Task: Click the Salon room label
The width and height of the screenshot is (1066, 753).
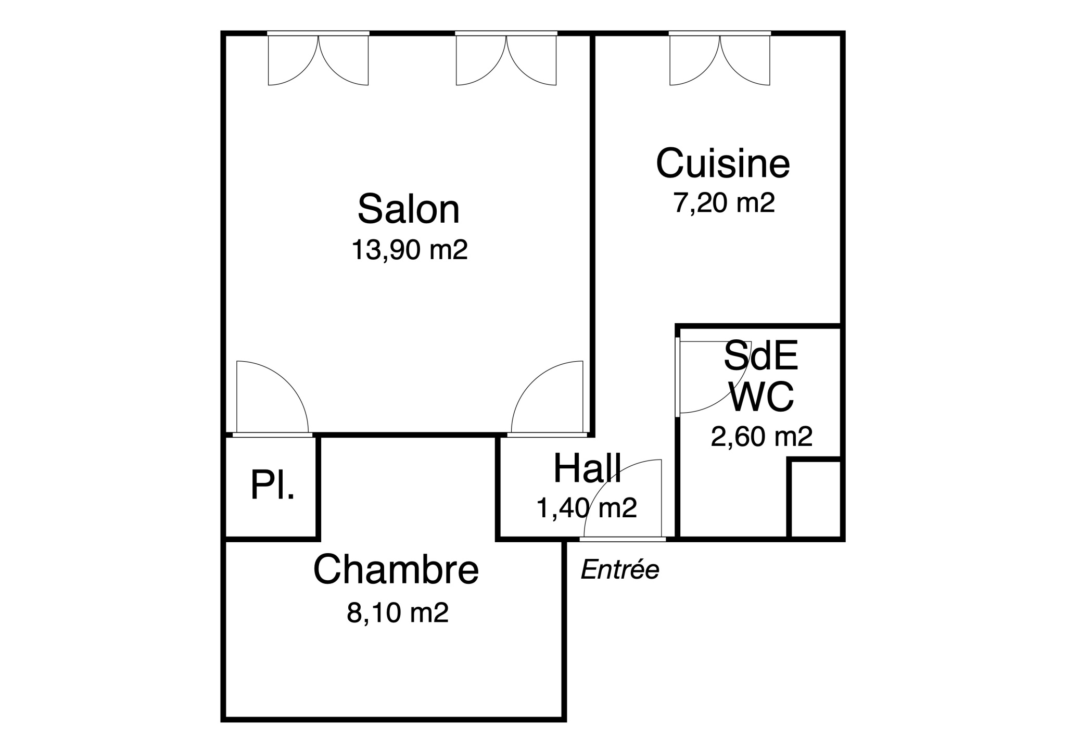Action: pos(409,209)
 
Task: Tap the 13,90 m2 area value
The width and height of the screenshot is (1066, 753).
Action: pos(410,250)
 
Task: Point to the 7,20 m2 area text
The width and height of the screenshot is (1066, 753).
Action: pos(724,203)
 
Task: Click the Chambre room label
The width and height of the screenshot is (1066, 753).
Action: pos(396,569)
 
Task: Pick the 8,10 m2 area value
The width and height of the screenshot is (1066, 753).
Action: pos(398,612)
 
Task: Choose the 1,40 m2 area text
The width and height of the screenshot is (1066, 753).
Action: pos(587,508)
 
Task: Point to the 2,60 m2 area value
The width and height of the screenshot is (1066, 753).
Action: pos(762,437)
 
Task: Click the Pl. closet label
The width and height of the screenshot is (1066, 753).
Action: pos(272,484)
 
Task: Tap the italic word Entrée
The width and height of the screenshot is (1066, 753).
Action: pos(620,569)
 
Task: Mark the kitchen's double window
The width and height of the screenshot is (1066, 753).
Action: pos(720,58)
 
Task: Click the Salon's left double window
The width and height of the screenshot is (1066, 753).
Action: pos(318,58)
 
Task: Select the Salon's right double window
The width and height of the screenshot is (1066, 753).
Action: pos(506,58)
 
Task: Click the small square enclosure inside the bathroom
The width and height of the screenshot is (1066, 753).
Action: pos(816,499)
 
